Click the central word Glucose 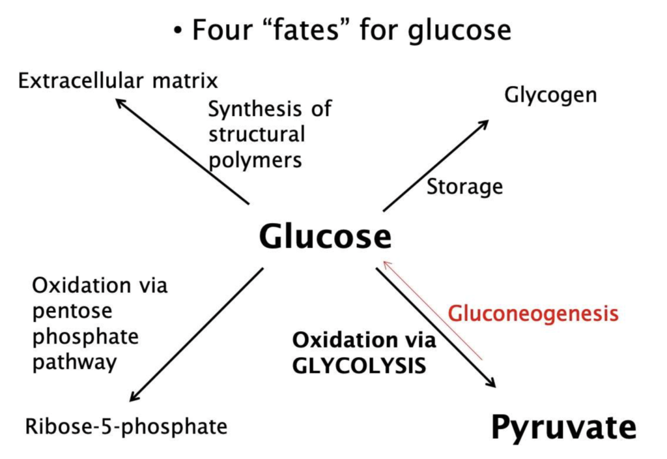(325, 236)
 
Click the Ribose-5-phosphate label (126, 426)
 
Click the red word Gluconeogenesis (533, 314)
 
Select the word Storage (464, 186)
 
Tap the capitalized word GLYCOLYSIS (359, 365)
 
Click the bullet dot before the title (178, 31)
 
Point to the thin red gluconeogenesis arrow (433, 310)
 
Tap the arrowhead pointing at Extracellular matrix (120, 102)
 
